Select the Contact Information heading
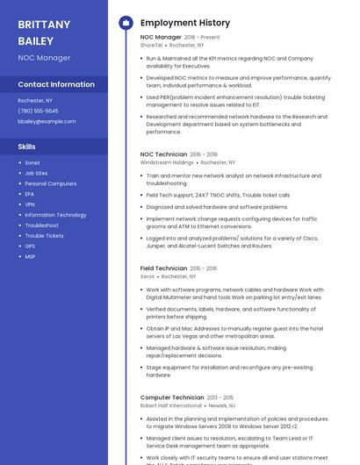click(56, 84)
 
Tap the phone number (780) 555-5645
click(38, 111)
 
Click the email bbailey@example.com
click(47, 121)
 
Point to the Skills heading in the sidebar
click(27, 147)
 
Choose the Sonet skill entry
click(32, 162)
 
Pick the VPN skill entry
click(30, 204)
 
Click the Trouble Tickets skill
click(44, 235)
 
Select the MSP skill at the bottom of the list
click(30, 256)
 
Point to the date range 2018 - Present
click(202, 38)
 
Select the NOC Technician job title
click(163, 154)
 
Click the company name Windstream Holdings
click(167, 162)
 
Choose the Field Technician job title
click(163, 268)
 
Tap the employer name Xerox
click(148, 276)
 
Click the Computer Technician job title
click(172, 397)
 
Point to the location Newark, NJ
click(221, 405)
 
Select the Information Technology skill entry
click(55, 215)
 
